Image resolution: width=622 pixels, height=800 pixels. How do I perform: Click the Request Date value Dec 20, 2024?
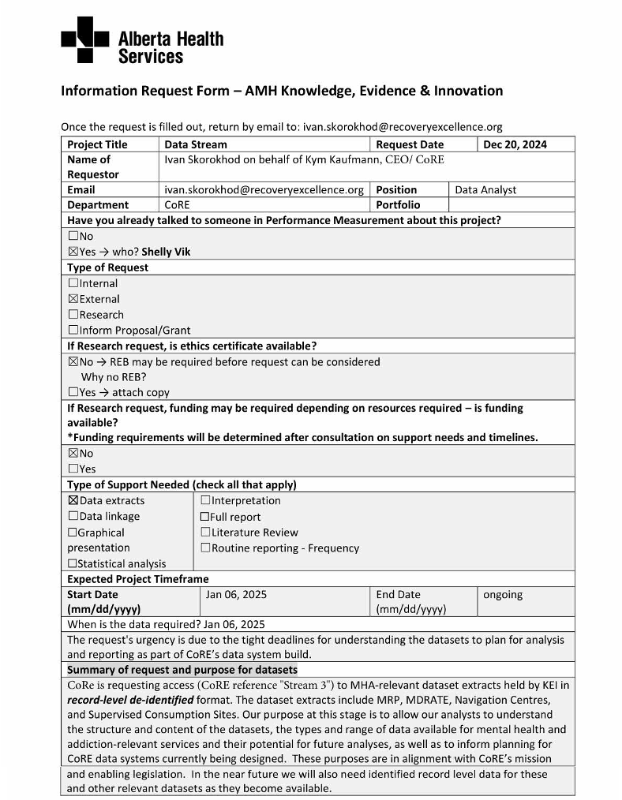click(x=515, y=144)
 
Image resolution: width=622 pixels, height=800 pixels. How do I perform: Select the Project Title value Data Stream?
click(x=196, y=144)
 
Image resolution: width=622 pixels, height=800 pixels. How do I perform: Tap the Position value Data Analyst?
click(x=486, y=190)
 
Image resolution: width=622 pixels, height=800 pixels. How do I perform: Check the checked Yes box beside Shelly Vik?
click(x=73, y=252)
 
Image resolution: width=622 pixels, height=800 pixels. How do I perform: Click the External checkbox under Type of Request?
click(x=73, y=299)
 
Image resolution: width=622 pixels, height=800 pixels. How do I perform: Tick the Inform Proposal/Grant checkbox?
click(x=73, y=331)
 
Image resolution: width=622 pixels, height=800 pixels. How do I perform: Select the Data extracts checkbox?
click(x=73, y=500)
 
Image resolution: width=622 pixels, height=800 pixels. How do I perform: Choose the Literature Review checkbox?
click(x=205, y=533)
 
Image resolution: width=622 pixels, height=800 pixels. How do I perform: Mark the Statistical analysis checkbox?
click(x=73, y=563)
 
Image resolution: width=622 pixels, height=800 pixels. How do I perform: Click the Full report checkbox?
click(x=205, y=517)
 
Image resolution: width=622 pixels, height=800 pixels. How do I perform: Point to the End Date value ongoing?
click(x=503, y=595)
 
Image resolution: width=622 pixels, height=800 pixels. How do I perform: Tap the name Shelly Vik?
click(x=166, y=252)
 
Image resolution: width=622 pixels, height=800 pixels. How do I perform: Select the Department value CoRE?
click(x=177, y=205)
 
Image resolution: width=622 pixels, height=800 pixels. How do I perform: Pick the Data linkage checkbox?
click(x=73, y=516)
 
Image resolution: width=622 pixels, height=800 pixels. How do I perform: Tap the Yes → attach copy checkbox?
click(x=73, y=392)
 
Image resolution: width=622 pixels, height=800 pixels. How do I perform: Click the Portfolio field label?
click(x=399, y=205)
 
